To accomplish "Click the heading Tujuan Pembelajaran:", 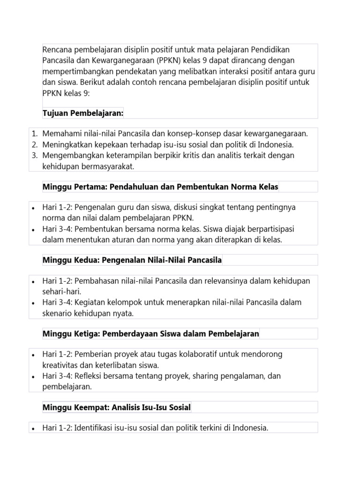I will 83,113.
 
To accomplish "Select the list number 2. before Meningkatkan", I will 35,144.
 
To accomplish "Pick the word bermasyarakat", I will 106,166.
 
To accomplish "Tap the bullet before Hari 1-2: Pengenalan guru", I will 33,208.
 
